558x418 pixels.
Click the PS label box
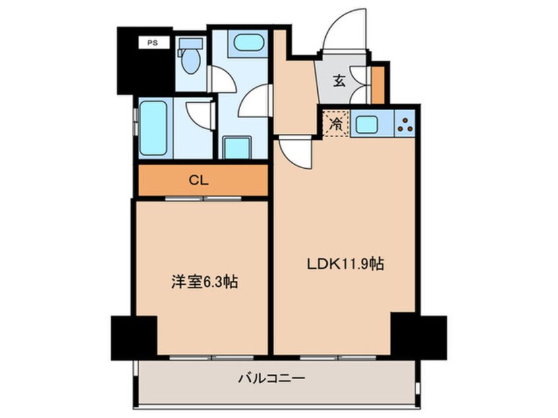pos(154,43)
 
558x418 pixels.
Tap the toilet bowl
pos(191,61)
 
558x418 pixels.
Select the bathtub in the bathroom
pos(153,128)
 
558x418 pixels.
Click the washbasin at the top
pos(248,42)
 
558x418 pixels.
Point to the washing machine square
pos(237,148)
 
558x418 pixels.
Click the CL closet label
pos(199,181)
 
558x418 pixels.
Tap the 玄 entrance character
pos(339,82)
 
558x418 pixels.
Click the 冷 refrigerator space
pos(336,124)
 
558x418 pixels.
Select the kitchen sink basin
pos(367,124)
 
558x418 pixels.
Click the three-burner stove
pos(405,123)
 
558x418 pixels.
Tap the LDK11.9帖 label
pos(345,264)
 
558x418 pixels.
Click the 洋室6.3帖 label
pos(205,282)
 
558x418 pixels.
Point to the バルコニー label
pos(272,378)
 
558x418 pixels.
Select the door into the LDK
pos(295,152)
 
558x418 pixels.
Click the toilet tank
pos(191,44)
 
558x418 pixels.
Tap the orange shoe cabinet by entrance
pos(377,85)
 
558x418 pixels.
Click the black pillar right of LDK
pos(419,336)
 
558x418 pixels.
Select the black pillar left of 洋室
pos(134,338)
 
